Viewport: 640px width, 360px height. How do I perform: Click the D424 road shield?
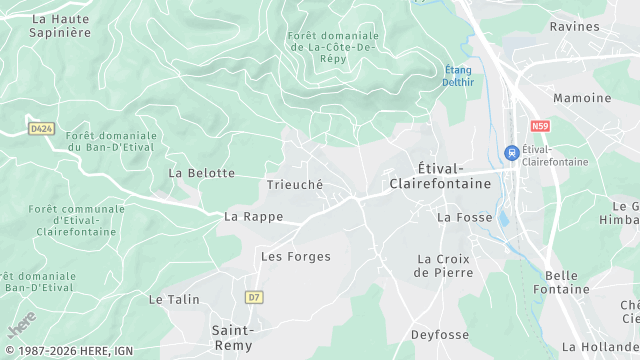[41, 128]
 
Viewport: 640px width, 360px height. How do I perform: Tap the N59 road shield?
[541, 126]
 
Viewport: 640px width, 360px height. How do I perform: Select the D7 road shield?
[254, 297]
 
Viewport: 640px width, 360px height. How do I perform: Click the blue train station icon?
[511, 153]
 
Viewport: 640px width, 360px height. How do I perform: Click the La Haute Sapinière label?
[61, 25]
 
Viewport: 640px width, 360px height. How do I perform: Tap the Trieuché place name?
[295, 185]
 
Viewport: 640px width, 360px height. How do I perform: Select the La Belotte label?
[201, 173]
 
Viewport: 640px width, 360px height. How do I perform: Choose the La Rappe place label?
[253, 216]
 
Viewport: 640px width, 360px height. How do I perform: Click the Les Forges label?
[295, 256]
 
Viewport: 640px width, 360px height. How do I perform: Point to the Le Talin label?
[174, 299]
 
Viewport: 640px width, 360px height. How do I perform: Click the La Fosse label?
[460, 216]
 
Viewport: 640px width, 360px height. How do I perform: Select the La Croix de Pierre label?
[442, 265]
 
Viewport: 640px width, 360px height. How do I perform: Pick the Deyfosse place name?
[440, 335]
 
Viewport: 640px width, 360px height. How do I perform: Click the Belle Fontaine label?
[568, 282]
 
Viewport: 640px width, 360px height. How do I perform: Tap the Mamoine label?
[582, 98]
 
